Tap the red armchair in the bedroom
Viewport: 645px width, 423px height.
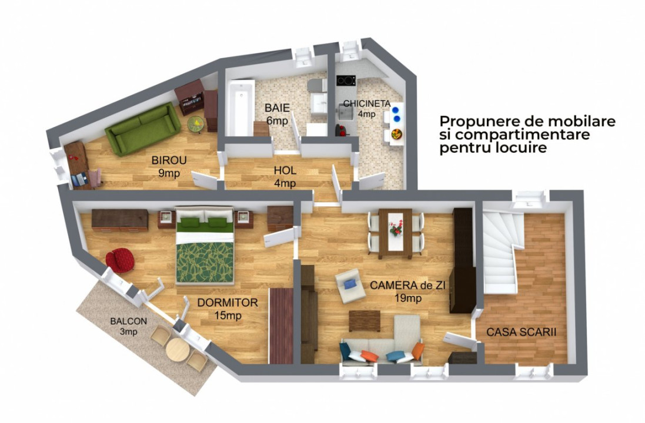point(120,260)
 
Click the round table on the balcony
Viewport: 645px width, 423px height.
point(176,350)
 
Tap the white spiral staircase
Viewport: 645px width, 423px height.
point(500,253)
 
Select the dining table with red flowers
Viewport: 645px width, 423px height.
point(395,232)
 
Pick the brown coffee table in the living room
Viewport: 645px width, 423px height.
point(364,320)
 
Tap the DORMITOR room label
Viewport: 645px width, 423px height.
point(228,303)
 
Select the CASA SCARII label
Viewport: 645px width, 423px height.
point(522,333)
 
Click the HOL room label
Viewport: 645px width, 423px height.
point(285,171)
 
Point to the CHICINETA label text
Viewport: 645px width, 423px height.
point(367,103)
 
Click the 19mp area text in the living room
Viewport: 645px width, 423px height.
point(408,298)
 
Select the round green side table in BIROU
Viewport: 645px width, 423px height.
point(196,123)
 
